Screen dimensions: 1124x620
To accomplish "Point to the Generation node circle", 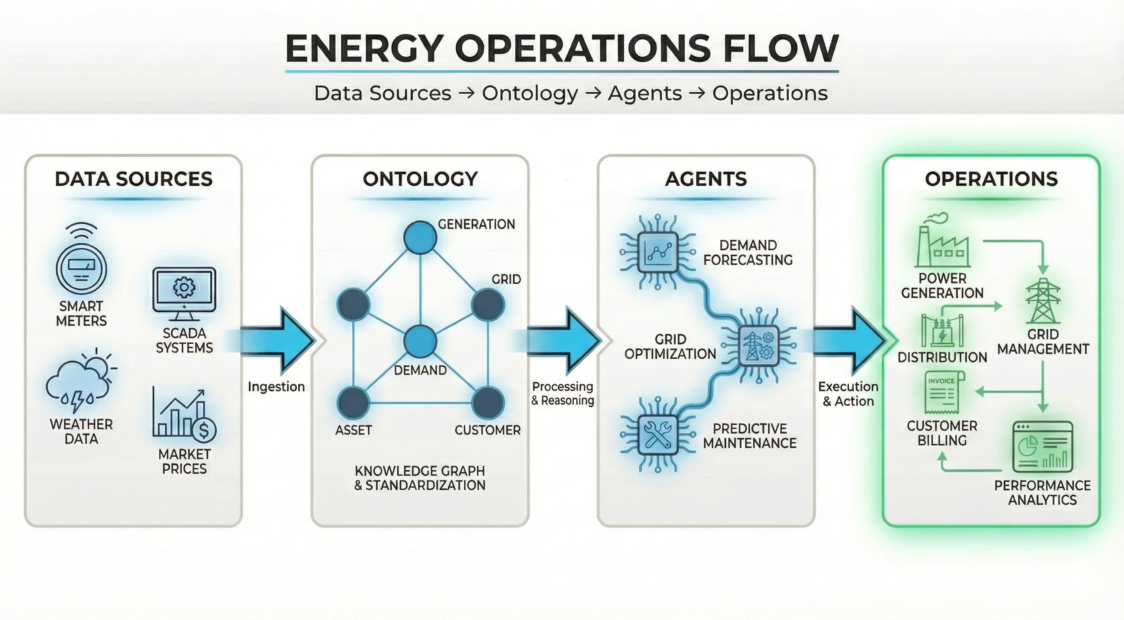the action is click(x=420, y=237).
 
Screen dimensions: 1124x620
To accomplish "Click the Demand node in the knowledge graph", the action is click(x=420, y=341).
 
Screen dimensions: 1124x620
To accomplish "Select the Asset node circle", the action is click(x=353, y=402).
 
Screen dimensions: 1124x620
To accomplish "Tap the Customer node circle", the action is click(x=488, y=402).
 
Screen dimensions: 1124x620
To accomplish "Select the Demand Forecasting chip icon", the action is click(x=658, y=252).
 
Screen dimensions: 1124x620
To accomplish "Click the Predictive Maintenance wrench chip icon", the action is click(x=658, y=435).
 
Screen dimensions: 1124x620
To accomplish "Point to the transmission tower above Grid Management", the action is click(x=1043, y=301).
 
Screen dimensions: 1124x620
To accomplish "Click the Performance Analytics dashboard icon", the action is click(x=1042, y=446).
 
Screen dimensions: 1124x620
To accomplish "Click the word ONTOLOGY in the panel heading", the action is click(x=420, y=179).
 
